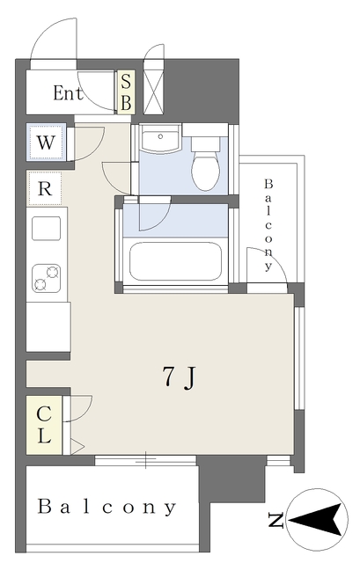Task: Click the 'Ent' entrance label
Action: (x=69, y=93)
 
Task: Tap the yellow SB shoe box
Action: (x=126, y=92)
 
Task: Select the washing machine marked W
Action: (x=46, y=143)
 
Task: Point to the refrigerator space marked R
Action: (x=45, y=188)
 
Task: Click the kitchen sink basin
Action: (x=46, y=229)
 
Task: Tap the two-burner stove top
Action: (x=46, y=279)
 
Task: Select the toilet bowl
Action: (x=205, y=171)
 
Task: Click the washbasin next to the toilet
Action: (x=160, y=138)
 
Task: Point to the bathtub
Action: (x=176, y=261)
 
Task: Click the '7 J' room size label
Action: (x=179, y=377)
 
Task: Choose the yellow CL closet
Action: (x=44, y=425)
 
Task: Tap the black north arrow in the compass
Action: (x=315, y=520)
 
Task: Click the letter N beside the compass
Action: (x=276, y=521)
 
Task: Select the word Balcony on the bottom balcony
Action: (x=107, y=507)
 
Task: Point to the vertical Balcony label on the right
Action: (x=268, y=225)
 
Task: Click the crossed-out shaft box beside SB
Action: (x=154, y=92)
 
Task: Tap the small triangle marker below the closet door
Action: (x=77, y=447)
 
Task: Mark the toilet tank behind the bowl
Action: (x=205, y=143)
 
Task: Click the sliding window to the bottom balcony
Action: (x=145, y=460)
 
